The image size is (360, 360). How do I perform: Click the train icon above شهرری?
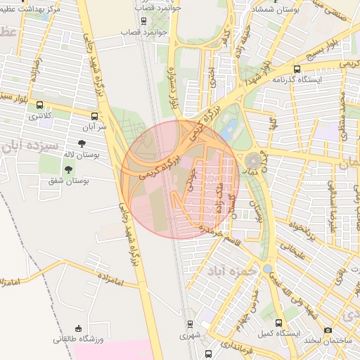190,324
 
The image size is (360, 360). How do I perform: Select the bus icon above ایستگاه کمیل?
280,323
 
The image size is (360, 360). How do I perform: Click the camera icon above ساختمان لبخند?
328,330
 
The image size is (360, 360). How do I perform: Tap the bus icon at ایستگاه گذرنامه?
297,70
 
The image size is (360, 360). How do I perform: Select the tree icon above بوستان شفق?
68,169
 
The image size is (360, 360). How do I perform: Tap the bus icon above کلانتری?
39,105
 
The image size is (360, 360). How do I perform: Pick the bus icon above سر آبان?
95,116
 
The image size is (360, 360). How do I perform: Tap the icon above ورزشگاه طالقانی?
78,328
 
